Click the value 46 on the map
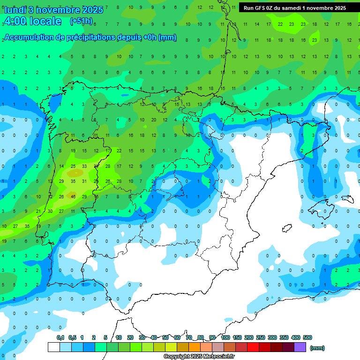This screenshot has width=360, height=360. click(73, 196)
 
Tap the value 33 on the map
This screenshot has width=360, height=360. click(84, 166)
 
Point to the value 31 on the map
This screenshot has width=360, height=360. click(84, 181)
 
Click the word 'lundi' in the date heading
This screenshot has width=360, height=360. click(15, 10)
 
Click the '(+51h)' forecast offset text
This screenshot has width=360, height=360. click(81, 21)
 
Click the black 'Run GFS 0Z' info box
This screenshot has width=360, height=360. click(294, 8)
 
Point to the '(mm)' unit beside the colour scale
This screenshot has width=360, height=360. click(317, 348)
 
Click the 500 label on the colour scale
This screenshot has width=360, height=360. click(307, 337)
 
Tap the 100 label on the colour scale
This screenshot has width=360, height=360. click(225, 337)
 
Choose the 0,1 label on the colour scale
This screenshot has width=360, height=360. click(60, 337)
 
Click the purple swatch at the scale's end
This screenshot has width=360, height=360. click(300, 347)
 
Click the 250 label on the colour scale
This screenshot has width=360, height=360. click(261, 337)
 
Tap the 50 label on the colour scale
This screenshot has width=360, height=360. click(165, 337)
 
